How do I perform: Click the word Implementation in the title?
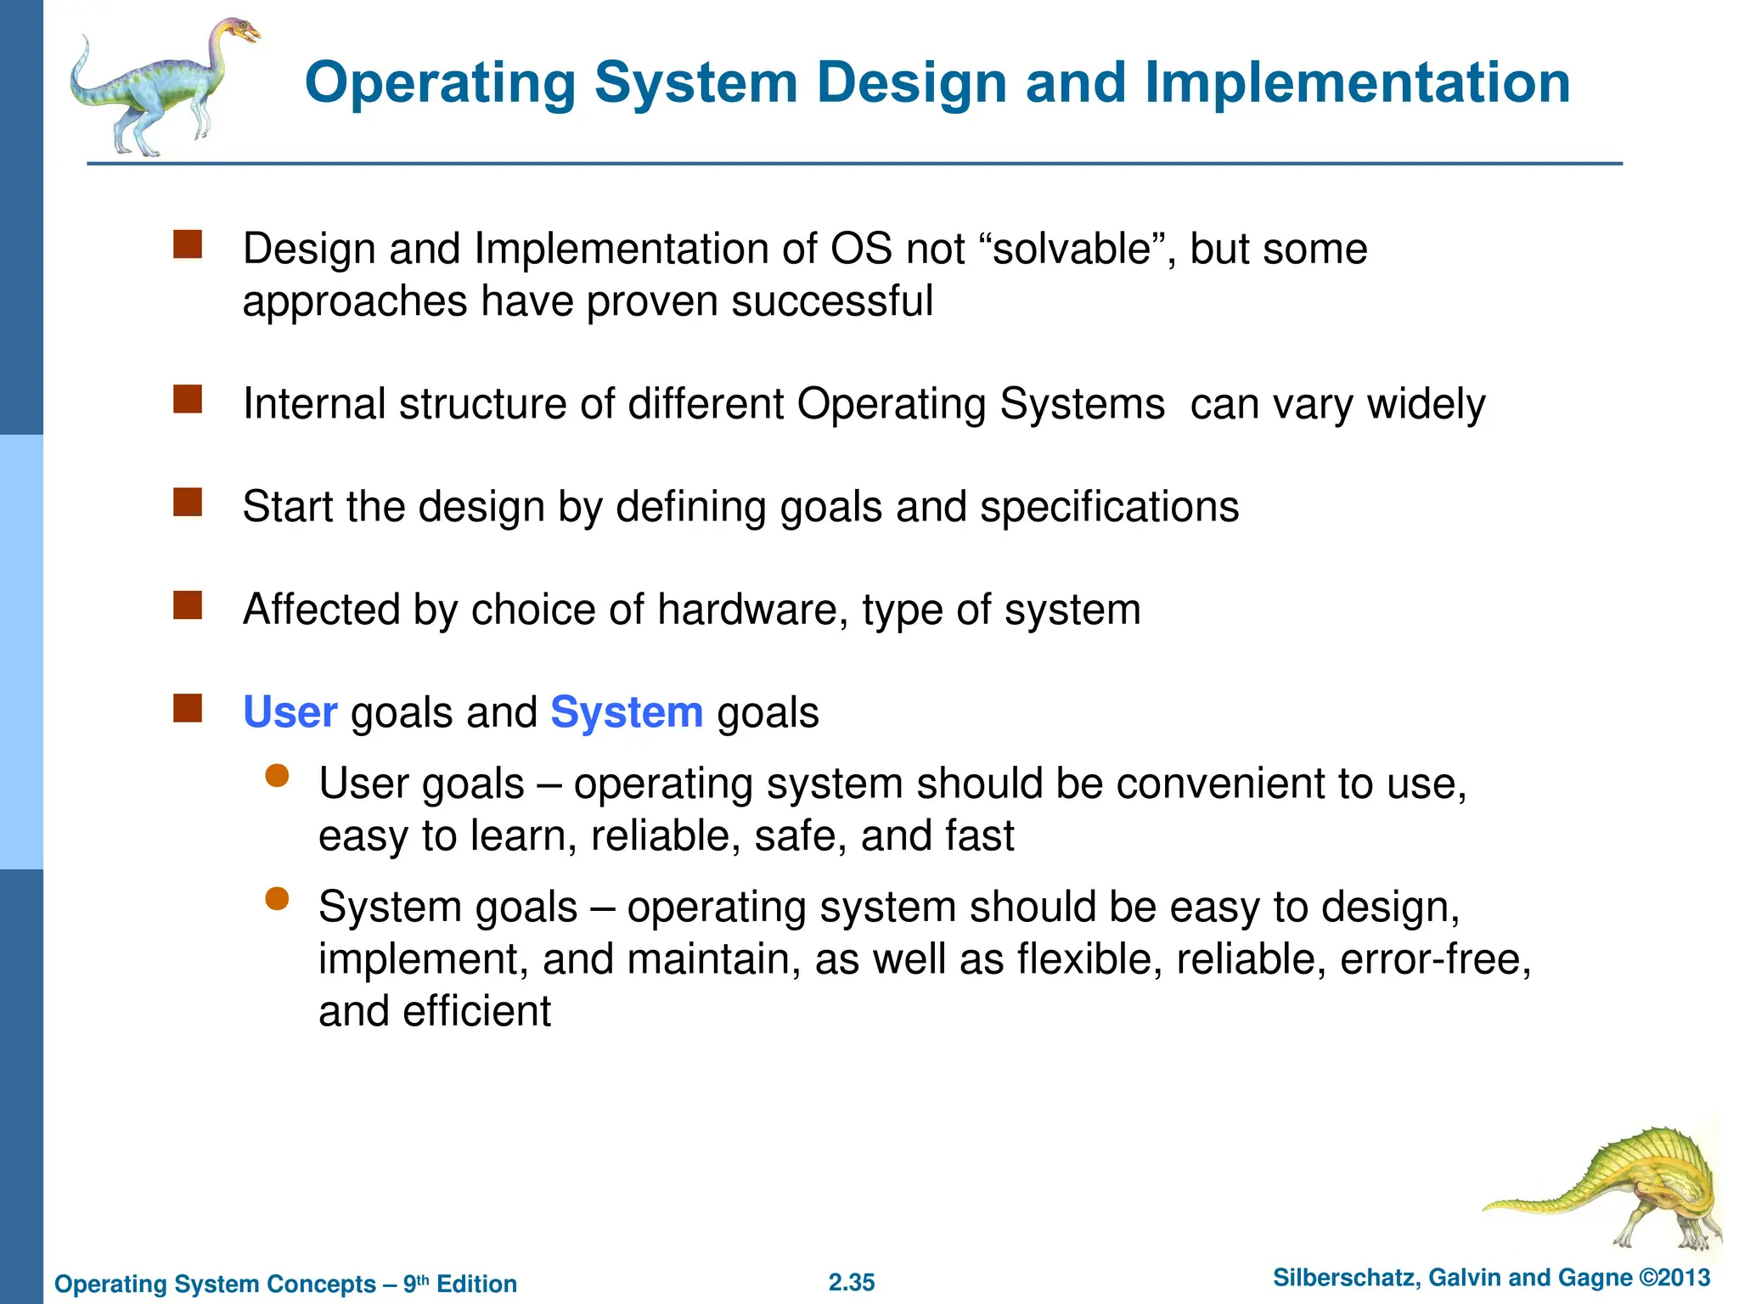click(x=1357, y=83)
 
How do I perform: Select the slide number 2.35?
click(x=851, y=1282)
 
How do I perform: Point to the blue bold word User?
click(x=290, y=712)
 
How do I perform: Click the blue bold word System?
click(x=627, y=712)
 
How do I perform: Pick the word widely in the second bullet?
click(x=1426, y=404)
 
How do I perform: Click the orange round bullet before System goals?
click(x=277, y=899)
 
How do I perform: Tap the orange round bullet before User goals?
click(x=277, y=775)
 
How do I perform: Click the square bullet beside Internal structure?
click(x=188, y=399)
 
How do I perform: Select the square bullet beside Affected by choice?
click(x=188, y=605)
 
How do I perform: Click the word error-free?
click(x=1435, y=959)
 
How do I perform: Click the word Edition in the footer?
click(x=476, y=1284)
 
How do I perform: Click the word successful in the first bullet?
click(x=831, y=302)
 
